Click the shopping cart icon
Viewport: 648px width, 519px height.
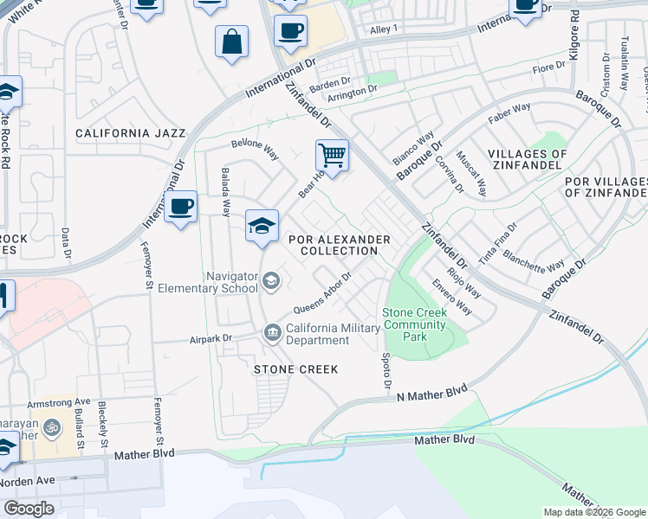pyautogui.click(x=332, y=157)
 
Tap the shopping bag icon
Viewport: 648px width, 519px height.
pyautogui.click(x=232, y=42)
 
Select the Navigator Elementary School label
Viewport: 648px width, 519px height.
pyautogui.click(x=232, y=282)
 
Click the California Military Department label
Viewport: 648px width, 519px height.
pyautogui.click(x=333, y=334)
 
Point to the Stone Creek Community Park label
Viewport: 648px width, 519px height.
pyautogui.click(x=414, y=324)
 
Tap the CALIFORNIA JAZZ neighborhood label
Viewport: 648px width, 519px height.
pyautogui.click(x=130, y=133)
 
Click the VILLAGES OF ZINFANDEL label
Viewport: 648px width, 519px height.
pyautogui.click(x=527, y=160)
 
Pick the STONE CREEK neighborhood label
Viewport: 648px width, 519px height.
pyautogui.click(x=295, y=369)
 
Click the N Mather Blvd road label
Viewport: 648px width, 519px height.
pyautogui.click(x=431, y=394)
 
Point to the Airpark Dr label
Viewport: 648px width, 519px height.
pyautogui.click(x=211, y=339)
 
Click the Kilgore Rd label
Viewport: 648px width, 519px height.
pyautogui.click(x=573, y=35)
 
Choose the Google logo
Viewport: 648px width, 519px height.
pyautogui.click(x=29, y=508)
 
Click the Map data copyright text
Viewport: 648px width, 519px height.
pyautogui.click(x=593, y=512)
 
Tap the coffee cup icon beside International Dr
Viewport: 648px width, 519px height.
pyautogui.click(x=181, y=208)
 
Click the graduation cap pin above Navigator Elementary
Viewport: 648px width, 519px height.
pyautogui.click(x=262, y=227)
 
